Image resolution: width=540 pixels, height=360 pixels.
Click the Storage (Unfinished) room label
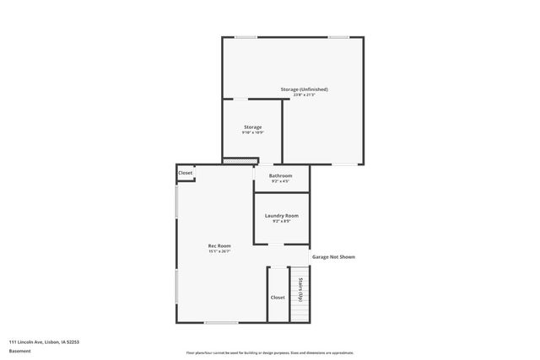(304, 89)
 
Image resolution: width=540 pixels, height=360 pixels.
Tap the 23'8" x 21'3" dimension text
(304, 95)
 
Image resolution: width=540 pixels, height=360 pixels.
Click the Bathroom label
(281, 175)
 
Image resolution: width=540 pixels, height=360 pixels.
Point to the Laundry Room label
(281, 216)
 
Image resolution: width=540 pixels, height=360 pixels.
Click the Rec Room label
(219, 245)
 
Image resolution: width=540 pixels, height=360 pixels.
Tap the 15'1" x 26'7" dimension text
(219, 251)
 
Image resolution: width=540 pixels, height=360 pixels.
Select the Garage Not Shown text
(333, 256)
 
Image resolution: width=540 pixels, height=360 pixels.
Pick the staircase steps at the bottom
(300, 312)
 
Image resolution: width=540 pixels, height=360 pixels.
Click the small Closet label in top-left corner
(185, 173)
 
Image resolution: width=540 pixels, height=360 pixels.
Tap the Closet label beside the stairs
(278, 297)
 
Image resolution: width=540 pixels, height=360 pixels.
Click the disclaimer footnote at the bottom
(269, 352)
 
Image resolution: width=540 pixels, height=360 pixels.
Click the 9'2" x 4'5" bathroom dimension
(281, 181)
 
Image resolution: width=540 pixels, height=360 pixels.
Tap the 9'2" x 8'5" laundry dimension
(281, 222)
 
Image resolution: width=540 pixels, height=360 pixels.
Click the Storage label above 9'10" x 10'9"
(253, 127)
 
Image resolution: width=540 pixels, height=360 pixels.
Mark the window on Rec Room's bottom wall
(221, 323)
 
